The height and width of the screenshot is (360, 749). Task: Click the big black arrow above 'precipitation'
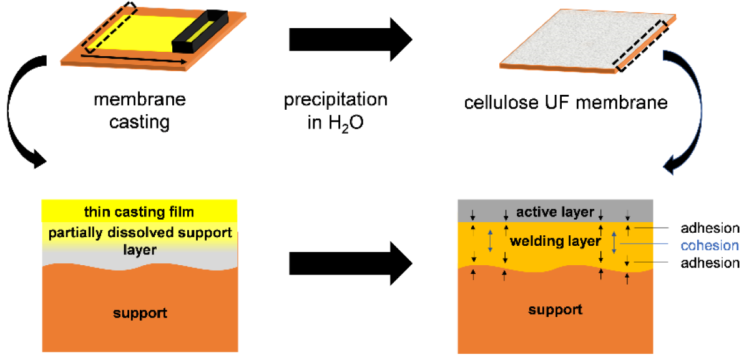click(x=350, y=41)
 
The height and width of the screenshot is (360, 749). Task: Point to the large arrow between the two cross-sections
click(x=350, y=263)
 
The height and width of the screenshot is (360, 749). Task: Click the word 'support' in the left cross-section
click(x=140, y=313)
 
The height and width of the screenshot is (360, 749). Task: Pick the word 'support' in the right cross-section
click(x=556, y=309)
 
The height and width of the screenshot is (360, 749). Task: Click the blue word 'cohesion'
click(x=710, y=245)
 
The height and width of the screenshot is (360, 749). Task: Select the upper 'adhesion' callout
click(x=710, y=228)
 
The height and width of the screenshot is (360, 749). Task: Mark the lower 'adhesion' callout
click(x=710, y=263)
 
